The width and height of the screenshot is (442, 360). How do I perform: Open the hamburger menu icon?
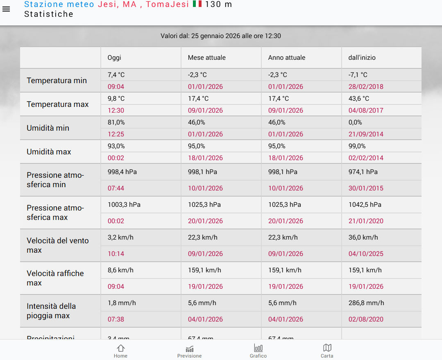(6, 9)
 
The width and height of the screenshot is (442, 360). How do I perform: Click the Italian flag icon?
(197, 4)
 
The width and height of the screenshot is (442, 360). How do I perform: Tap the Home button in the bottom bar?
(120, 351)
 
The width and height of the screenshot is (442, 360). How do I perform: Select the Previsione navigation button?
(189, 351)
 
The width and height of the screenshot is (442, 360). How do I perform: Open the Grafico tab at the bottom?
(258, 351)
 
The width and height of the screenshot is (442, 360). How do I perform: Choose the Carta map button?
(327, 351)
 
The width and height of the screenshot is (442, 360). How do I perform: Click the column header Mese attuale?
(206, 58)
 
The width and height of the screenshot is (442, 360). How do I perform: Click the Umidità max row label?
(49, 152)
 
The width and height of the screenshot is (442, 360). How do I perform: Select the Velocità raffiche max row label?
(55, 278)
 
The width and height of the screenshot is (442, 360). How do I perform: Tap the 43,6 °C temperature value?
(358, 99)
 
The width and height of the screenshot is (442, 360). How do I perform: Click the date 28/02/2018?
(366, 87)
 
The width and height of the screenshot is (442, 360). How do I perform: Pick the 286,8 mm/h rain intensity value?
(366, 303)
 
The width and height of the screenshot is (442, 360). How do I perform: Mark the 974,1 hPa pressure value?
(363, 172)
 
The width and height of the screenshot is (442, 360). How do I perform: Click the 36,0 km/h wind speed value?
(363, 238)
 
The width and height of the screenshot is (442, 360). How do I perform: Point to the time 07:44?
(116, 188)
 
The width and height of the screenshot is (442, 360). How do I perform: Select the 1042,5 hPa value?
(365, 205)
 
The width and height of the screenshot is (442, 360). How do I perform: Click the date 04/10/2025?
(366, 254)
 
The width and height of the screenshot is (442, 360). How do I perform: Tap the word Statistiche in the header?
(49, 14)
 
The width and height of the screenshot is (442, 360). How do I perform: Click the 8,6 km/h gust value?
(120, 270)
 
